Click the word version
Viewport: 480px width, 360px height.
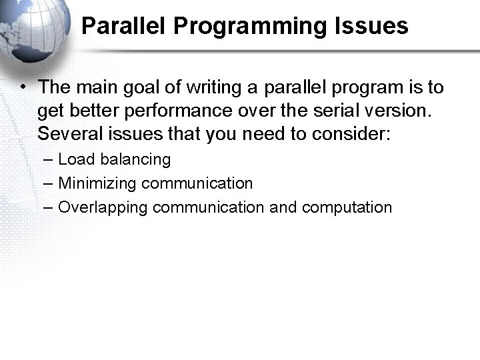point(391,111)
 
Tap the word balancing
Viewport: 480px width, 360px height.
point(135,160)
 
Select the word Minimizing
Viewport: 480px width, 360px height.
point(97,183)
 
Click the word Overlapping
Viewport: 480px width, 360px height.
point(103,207)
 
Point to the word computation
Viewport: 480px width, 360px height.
point(347,207)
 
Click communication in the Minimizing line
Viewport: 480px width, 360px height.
point(197,183)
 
